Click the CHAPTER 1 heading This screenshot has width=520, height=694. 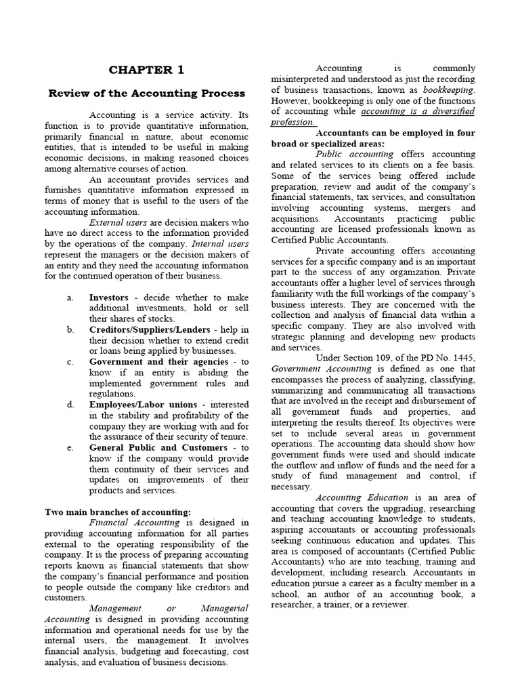click(147, 70)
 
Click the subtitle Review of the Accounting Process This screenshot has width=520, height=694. click(147, 94)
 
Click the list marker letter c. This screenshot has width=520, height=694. click(70, 362)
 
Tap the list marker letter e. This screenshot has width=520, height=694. click(70, 447)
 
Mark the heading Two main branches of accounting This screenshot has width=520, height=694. click(118, 512)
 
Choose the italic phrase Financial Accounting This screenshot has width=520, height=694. click(134, 523)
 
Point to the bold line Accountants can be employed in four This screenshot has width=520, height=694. click(395, 133)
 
